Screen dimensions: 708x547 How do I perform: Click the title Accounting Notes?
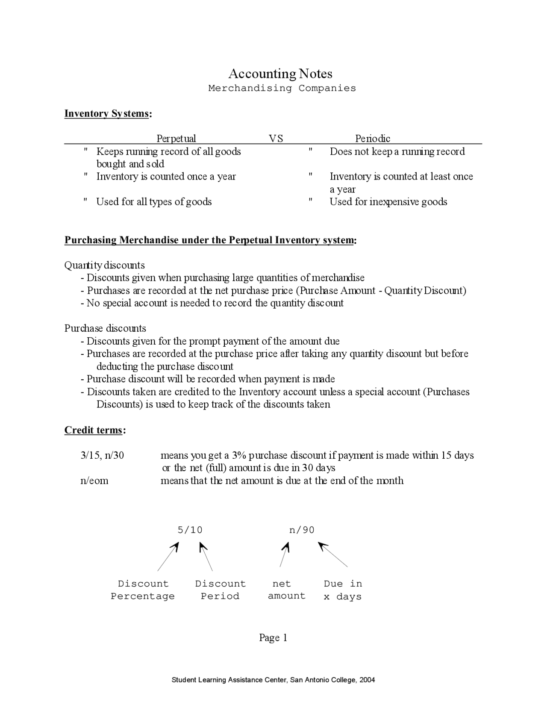pos(280,74)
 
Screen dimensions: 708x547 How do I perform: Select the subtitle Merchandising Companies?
pos(282,88)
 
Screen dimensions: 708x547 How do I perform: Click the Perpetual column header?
pos(176,138)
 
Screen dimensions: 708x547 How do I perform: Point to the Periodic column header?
pos(373,138)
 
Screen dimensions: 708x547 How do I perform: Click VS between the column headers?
pos(276,138)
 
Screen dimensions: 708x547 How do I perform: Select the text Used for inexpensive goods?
pos(388,202)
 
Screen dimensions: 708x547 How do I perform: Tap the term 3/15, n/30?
pos(102,455)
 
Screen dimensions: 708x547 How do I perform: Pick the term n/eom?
pos(94,481)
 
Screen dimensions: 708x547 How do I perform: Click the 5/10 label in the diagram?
pos(190,530)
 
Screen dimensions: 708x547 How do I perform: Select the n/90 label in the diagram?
pos(302,530)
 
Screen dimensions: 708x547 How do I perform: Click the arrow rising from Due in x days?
pos(333,555)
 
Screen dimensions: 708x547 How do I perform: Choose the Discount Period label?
pos(220,590)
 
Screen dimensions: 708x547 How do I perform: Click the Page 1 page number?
pos(273,638)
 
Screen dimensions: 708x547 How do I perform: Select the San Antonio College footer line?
pos(273,680)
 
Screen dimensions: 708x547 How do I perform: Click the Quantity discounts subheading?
pos(105,265)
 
